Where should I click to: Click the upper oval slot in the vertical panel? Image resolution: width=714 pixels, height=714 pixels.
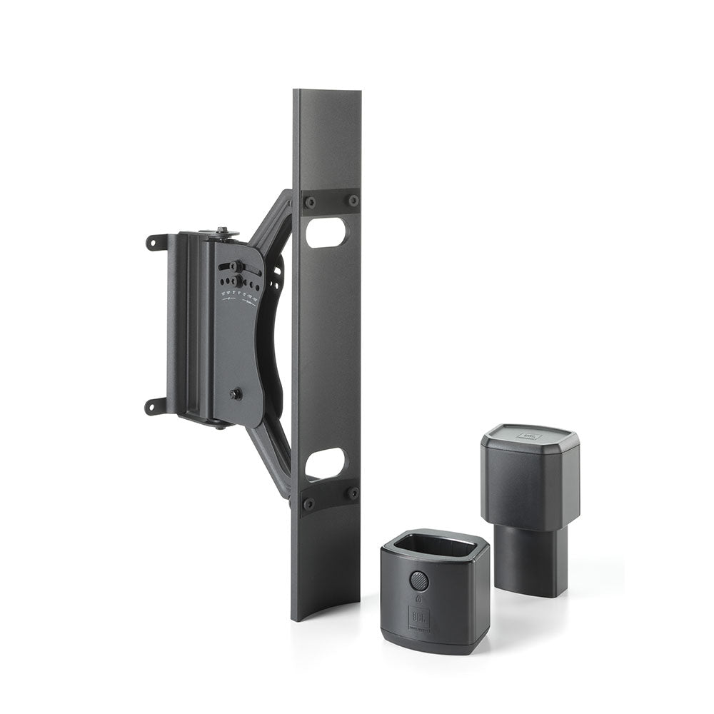click(x=326, y=232)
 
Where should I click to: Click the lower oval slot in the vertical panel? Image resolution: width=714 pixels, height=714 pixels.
click(x=324, y=463)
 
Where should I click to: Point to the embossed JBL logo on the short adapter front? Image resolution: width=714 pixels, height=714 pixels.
click(x=420, y=615)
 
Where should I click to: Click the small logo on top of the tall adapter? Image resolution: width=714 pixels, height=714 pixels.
click(x=529, y=433)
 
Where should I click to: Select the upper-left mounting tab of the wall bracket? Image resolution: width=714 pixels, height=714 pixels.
click(x=156, y=242)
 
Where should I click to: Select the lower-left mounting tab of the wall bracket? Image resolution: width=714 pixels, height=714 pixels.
click(x=156, y=406)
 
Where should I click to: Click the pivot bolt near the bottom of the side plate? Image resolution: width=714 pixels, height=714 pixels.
click(x=235, y=393)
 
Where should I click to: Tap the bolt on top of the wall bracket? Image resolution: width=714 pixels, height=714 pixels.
click(x=223, y=232)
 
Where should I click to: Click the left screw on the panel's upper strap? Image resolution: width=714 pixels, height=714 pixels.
click(x=310, y=202)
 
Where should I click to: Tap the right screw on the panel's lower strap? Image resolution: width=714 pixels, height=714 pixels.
click(x=352, y=493)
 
